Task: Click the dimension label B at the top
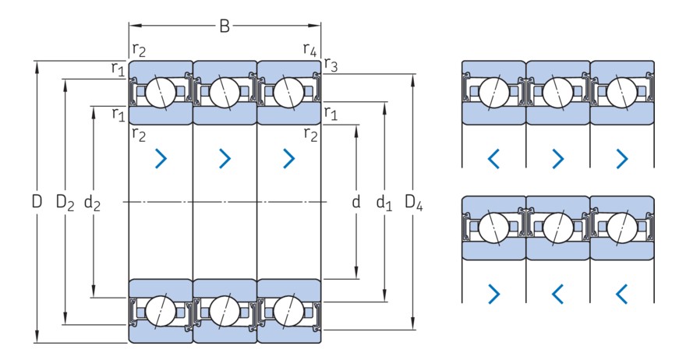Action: [225, 26]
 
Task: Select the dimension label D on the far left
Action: [37, 202]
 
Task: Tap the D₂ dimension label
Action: [65, 203]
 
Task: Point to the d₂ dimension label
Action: [92, 203]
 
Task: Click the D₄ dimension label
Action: [413, 203]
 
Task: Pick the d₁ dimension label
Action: [384, 203]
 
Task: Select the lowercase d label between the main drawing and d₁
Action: [356, 202]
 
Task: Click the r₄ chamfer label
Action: [309, 49]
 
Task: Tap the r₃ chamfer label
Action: [331, 65]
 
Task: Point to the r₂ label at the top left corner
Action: [139, 51]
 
